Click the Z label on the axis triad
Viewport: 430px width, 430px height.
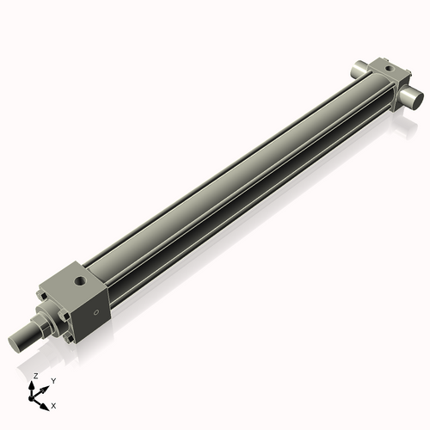click(35, 377)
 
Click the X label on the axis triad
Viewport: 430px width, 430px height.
click(53, 404)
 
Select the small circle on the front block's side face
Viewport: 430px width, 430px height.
click(97, 311)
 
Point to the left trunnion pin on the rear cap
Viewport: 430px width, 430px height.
click(359, 69)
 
